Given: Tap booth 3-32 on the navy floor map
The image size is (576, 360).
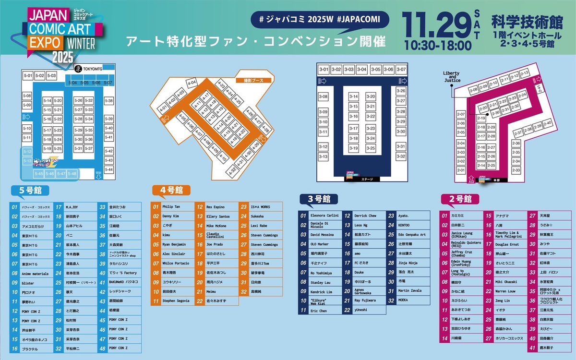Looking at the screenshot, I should (401, 156).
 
